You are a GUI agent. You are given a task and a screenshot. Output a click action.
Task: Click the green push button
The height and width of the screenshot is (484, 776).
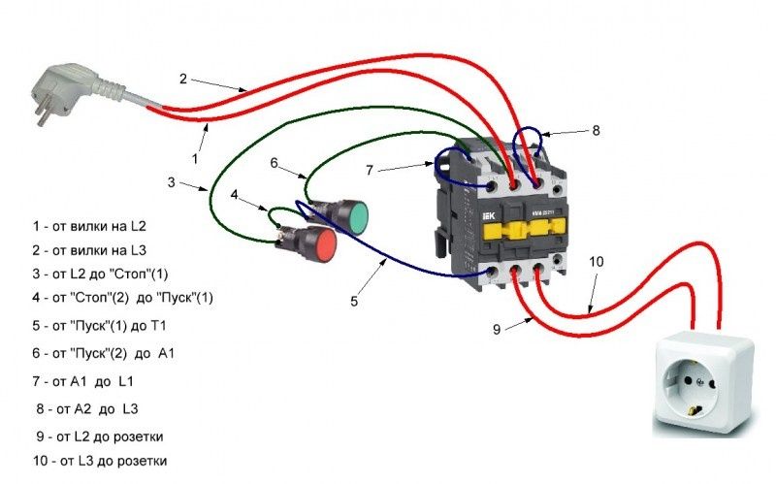[x=351, y=216]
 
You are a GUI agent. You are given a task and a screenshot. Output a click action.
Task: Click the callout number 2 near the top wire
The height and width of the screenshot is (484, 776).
[x=182, y=78]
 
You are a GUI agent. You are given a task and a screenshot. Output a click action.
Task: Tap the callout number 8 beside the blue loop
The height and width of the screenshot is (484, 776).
[x=597, y=129]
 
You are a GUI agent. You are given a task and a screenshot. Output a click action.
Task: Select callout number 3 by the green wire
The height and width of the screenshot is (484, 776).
[x=171, y=182]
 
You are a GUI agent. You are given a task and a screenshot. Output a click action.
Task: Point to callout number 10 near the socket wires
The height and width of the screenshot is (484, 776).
[x=596, y=263]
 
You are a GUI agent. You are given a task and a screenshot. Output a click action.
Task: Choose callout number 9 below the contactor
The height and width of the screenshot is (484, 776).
[x=497, y=330]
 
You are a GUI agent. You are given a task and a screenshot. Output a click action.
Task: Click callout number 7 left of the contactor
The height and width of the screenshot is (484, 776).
[x=369, y=171]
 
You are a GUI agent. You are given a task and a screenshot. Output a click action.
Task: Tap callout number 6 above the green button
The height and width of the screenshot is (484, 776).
[x=275, y=164]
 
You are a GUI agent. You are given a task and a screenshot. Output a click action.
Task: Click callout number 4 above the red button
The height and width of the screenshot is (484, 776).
[x=234, y=194]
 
